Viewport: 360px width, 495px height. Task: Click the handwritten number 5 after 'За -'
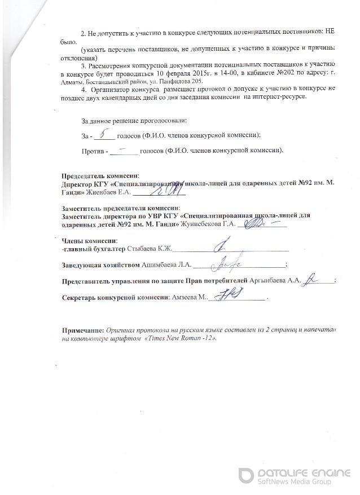pos(103,135)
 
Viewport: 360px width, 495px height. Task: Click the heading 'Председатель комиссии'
pos(99,176)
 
